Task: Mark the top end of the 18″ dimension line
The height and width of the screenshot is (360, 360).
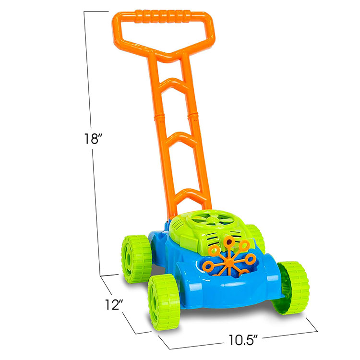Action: (84, 12)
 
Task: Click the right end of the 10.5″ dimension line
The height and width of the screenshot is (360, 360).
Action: (318, 330)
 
